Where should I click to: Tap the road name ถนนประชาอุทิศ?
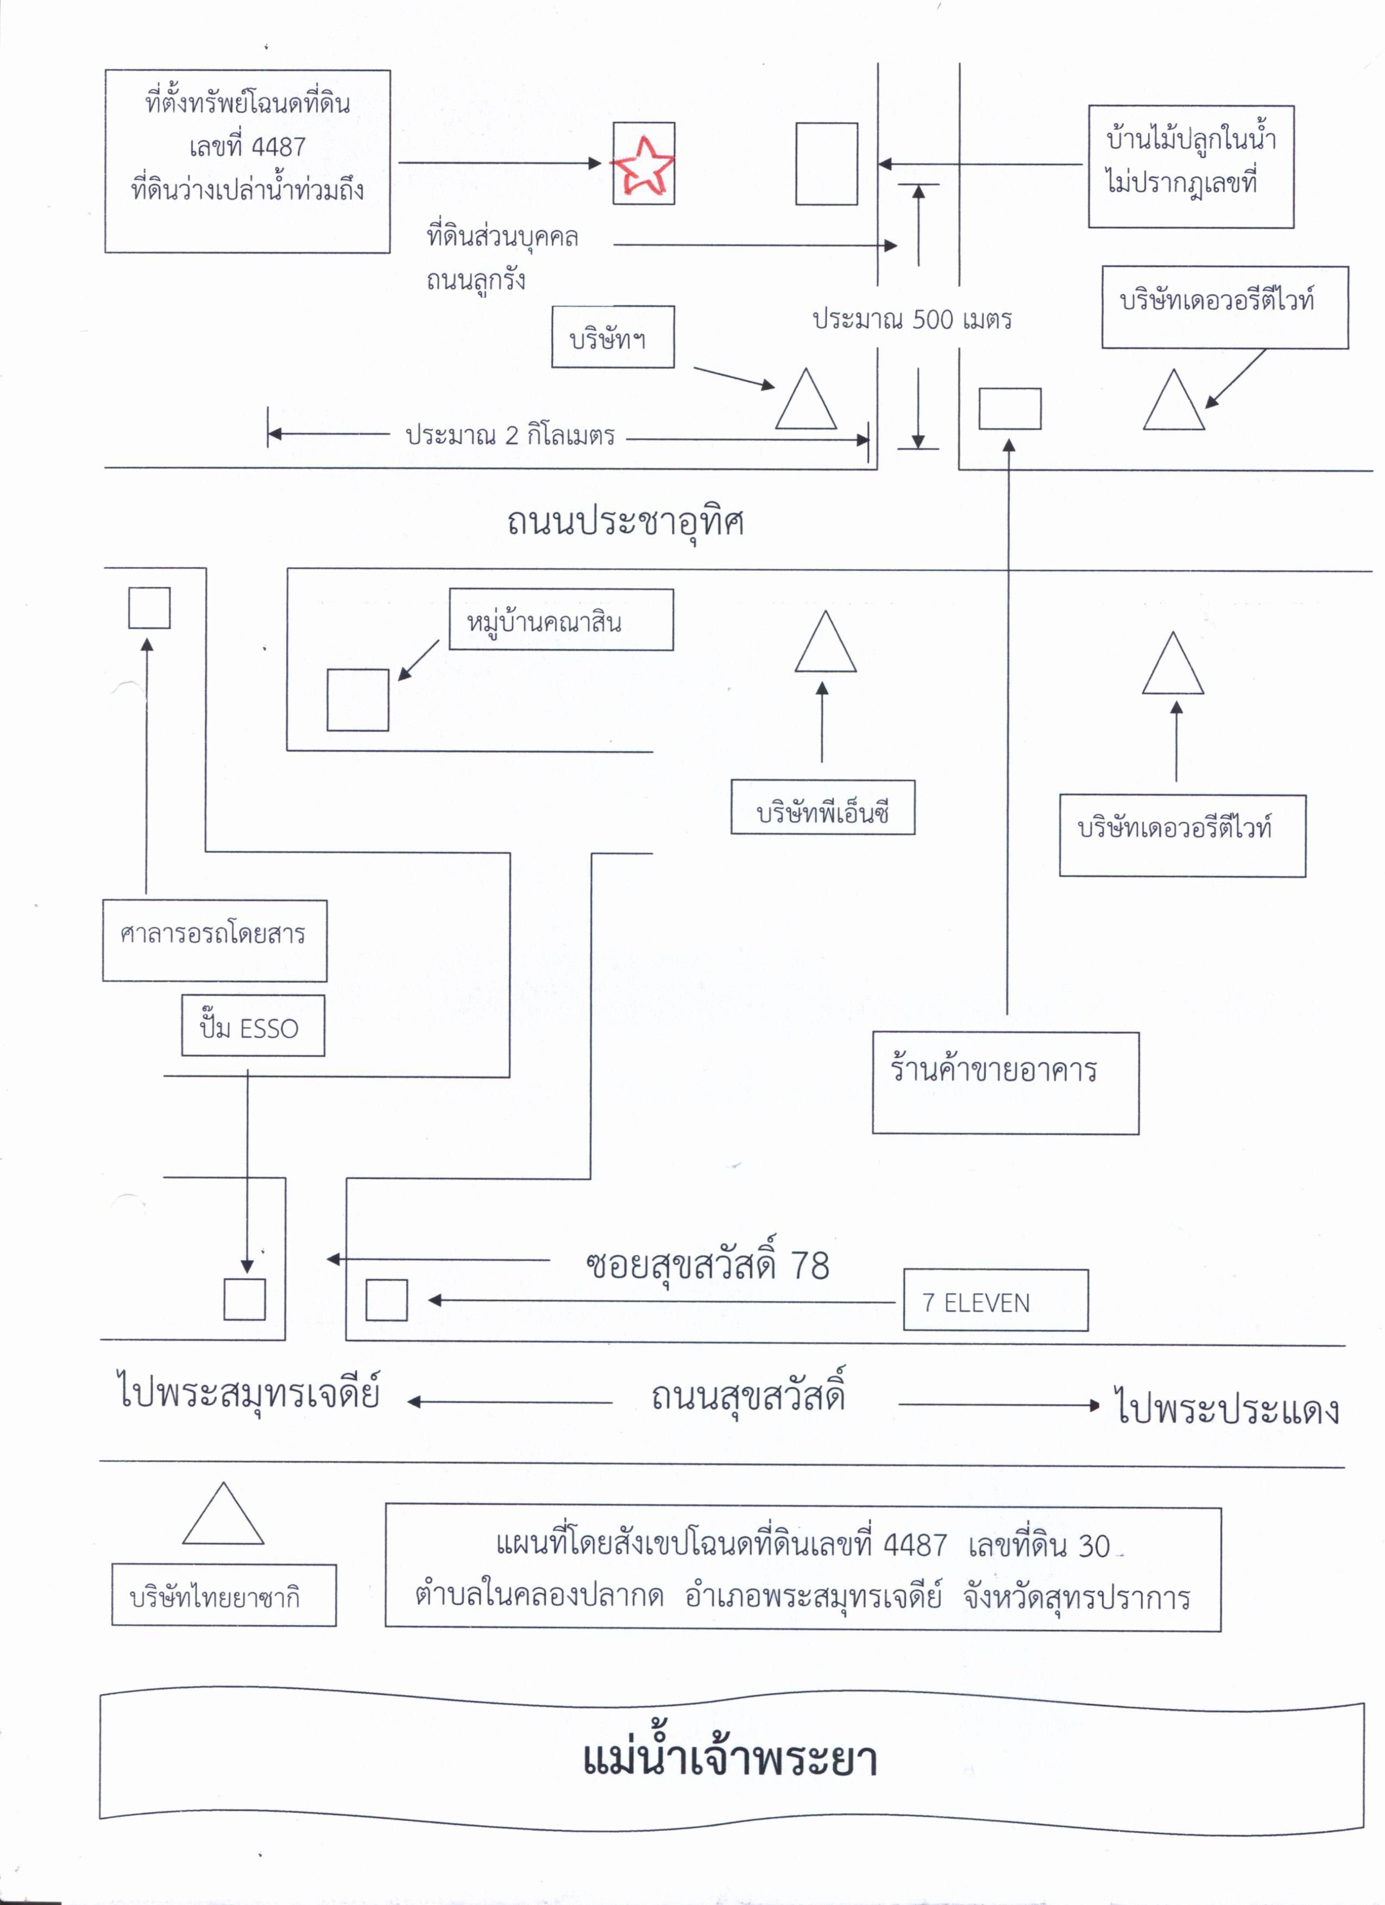click(626, 521)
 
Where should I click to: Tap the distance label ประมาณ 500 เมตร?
click(912, 320)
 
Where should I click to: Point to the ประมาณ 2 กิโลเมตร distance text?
click(510, 435)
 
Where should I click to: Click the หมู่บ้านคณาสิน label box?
click(561, 619)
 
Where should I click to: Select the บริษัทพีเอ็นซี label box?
click(822, 807)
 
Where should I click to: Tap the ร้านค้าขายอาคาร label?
click(1005, 1083)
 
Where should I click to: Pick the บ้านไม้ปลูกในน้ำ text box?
click(1191, 166)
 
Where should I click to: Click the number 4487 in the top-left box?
click(278, 147)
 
